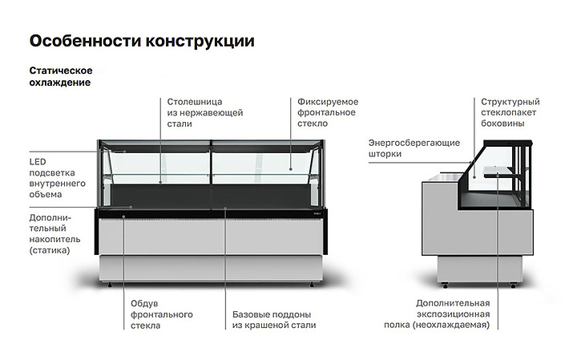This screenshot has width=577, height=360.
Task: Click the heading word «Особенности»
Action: (x=86, y=41)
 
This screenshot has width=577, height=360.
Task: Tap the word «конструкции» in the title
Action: (x=200, y=41)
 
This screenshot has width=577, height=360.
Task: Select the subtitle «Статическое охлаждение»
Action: (x=61, y=76)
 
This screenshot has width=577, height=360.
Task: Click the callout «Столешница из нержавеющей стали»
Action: (x=205, y=112)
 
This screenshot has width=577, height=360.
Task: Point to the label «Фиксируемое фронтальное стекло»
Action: (x=328, y=112)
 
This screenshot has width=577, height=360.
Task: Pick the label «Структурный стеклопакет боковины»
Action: (x=510, y=112)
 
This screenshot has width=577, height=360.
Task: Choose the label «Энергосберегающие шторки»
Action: (x=414, y=148)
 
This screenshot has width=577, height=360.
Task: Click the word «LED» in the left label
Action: (x=38, y=162)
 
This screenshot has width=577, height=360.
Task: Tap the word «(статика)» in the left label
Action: (x=50, y=251)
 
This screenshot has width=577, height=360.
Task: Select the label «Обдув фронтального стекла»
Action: (x=162, y=315)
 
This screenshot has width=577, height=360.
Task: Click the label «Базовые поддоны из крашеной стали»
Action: (x=274, y=320)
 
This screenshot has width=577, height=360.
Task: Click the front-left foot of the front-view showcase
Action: (x=110, y=285)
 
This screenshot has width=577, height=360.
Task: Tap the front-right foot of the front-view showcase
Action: (x=312, y=285)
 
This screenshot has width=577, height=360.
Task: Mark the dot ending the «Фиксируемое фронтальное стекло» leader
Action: (x=291, y=169)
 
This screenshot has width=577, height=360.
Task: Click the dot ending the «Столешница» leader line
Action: (x=161, y=182)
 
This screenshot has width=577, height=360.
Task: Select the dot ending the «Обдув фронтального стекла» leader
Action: (x=124, y=216)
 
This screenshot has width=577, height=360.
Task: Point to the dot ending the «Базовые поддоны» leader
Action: (x=225, y=208)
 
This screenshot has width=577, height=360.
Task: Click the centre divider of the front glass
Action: (x=212, y=162)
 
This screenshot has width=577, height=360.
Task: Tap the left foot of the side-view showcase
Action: (x=446, y=285)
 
